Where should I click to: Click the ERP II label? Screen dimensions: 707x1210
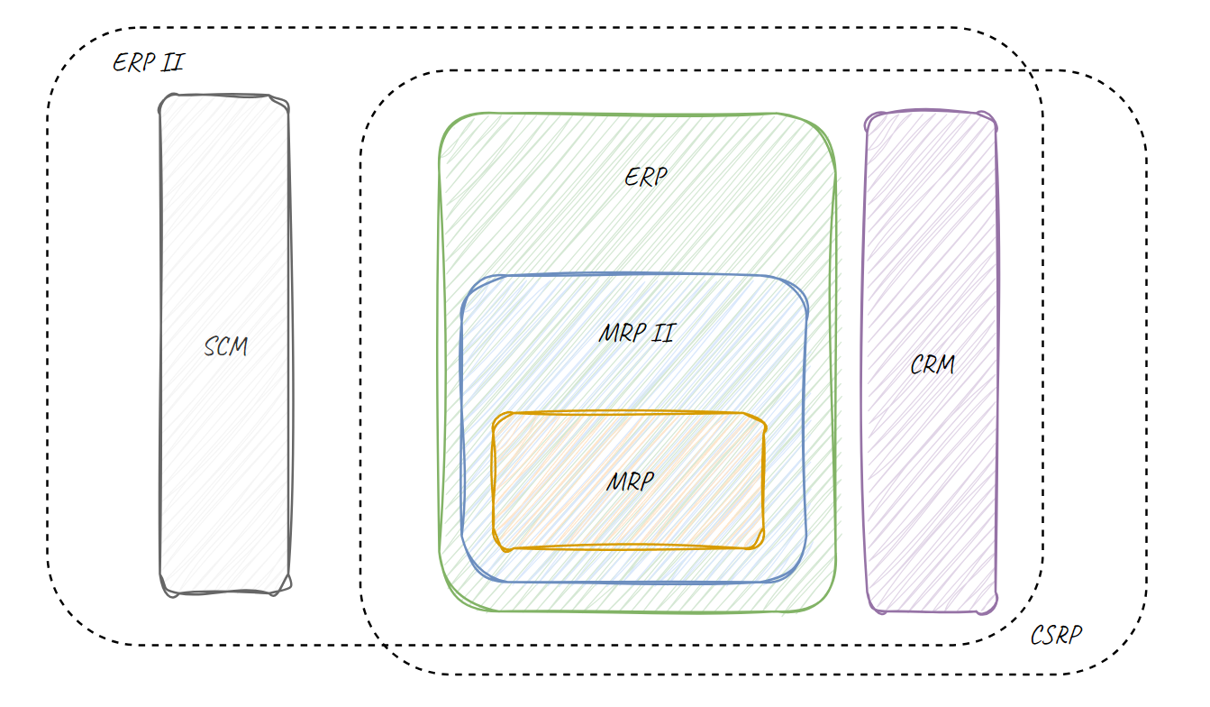pos(149,63)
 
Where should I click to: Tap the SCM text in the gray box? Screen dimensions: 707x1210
pos(225,346)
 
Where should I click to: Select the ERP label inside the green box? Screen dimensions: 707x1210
pos(646,177)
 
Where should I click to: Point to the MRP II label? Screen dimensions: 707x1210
pos(636,333)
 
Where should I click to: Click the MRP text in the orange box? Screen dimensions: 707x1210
pos(630,482)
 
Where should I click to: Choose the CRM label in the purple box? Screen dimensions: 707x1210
pos(932,365)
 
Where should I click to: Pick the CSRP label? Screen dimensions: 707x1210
pos(1055,635)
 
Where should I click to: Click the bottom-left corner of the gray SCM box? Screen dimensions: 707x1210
pos(163,591)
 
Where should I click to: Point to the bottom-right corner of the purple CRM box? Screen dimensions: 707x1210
pos(995,610)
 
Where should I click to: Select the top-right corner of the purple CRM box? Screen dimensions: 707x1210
pos(994,115)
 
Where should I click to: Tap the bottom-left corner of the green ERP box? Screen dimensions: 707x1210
pos(443,606)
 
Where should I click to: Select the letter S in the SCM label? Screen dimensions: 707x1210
pos(210,347)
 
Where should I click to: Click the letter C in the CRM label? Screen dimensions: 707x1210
pos(917,366)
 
